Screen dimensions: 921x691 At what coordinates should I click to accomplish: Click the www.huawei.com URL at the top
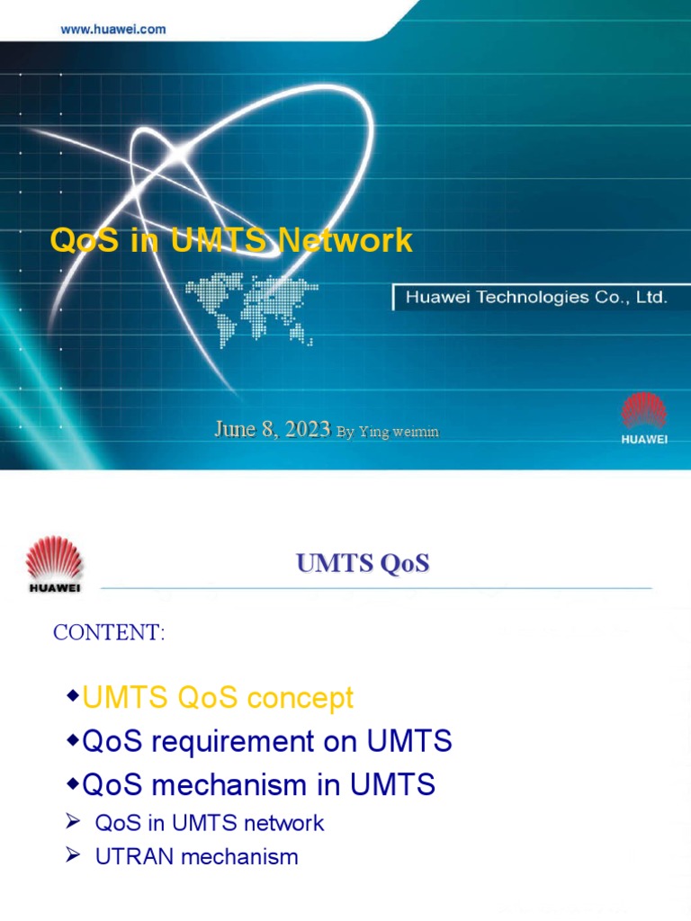tap(113, 29)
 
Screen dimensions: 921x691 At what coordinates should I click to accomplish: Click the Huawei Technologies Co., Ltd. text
tap(536, 297)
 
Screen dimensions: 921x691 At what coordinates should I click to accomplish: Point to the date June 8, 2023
tap(272, 430)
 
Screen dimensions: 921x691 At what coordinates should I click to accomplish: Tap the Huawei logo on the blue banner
tap(644, 418)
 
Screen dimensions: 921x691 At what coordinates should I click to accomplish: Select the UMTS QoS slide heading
tap(363, 564)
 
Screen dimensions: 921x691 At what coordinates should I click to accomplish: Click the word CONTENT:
tap(109, 632)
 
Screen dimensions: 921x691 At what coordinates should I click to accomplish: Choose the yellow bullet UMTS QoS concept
tap(218, 698)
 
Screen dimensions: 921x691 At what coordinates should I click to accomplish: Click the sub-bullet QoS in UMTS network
tap(209, 823)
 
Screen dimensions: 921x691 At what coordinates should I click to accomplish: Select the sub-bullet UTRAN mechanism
tap(196, 857)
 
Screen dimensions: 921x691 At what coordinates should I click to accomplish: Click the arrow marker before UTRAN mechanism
tap(74, 856)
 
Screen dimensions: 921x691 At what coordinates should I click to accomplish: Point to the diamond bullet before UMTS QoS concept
tap(73, 698)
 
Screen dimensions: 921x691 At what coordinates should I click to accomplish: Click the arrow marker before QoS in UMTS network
tap(74, 822)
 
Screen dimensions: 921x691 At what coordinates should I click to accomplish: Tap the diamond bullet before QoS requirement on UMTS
tap(73, 742)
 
